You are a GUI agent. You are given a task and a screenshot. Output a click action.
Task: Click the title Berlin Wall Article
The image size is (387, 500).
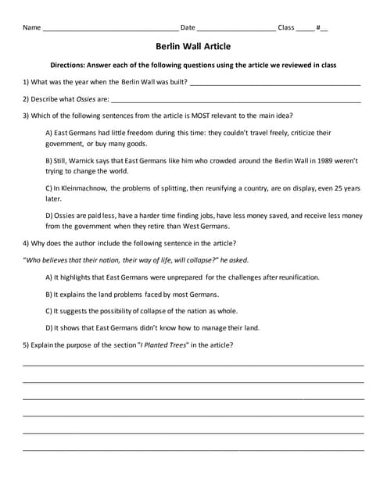pyautogui.click(x=193, y=46)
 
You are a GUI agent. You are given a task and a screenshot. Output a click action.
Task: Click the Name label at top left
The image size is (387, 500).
pyautogui.click(x=31, y=27)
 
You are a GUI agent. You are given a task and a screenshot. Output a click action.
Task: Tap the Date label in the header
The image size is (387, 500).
pyautogui.click(x=188, y=27)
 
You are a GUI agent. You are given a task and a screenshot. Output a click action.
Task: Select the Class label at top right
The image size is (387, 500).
pyautogui.click(x=285, y=27)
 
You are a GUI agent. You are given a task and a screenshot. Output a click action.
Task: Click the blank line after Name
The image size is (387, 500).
pyautogui.click(x=109, y=30)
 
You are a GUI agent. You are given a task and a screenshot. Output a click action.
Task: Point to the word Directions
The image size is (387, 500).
pyautogui.click(x=68, y=65)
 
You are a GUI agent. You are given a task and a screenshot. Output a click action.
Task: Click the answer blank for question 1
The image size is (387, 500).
pyautogui.click(x=274, y=84)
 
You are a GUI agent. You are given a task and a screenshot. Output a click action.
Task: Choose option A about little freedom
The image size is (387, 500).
pyautogui.click(x=188, y=137)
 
